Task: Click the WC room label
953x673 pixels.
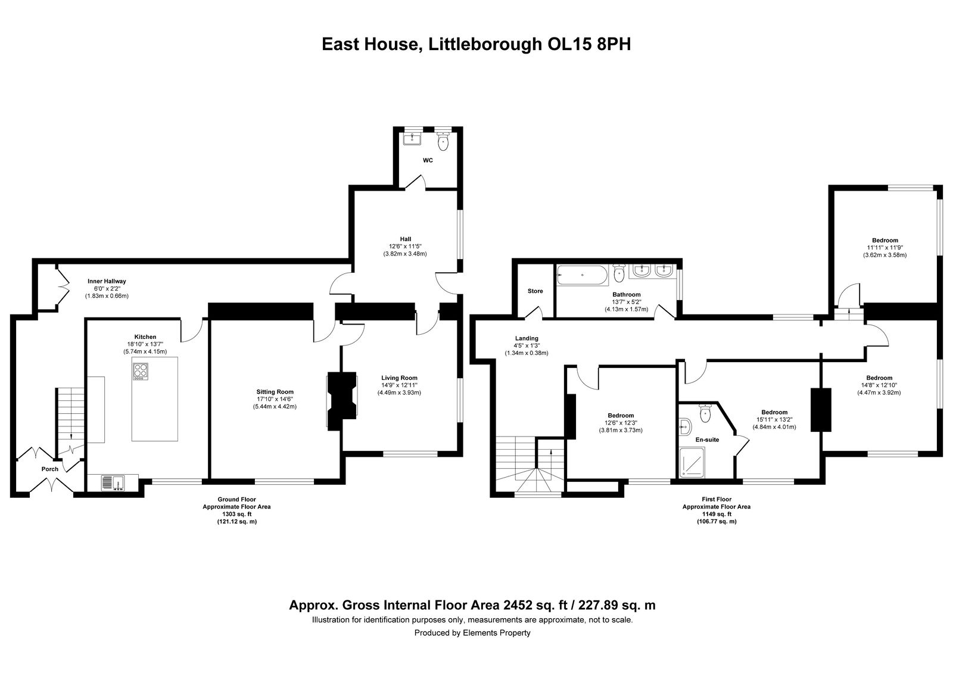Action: point(428,160)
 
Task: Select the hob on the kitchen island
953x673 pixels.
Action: point(141,372)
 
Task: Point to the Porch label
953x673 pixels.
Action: point(50,469)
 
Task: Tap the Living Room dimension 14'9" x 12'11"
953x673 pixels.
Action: point(399,385)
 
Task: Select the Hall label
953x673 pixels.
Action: point(405,239)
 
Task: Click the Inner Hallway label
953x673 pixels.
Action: point(107,281)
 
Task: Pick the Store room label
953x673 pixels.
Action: point(535,291)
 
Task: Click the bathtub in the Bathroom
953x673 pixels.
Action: point(581,276)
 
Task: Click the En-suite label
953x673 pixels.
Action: point(707,440)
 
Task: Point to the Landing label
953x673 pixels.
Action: point(527,338)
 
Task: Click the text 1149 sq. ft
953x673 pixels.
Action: point(716,514)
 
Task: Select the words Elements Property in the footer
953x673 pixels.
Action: point(497,633)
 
